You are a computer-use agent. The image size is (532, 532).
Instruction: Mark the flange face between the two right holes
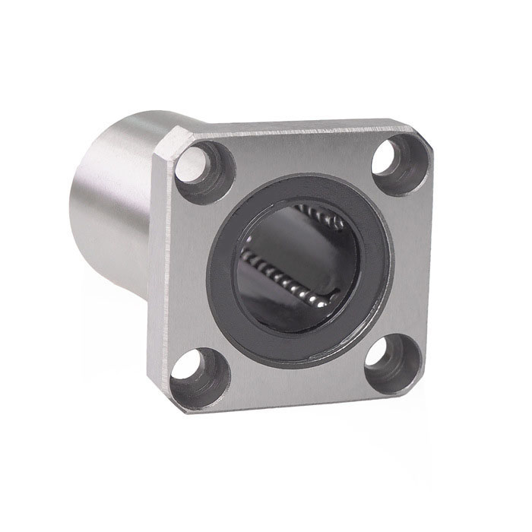(407, 262)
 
